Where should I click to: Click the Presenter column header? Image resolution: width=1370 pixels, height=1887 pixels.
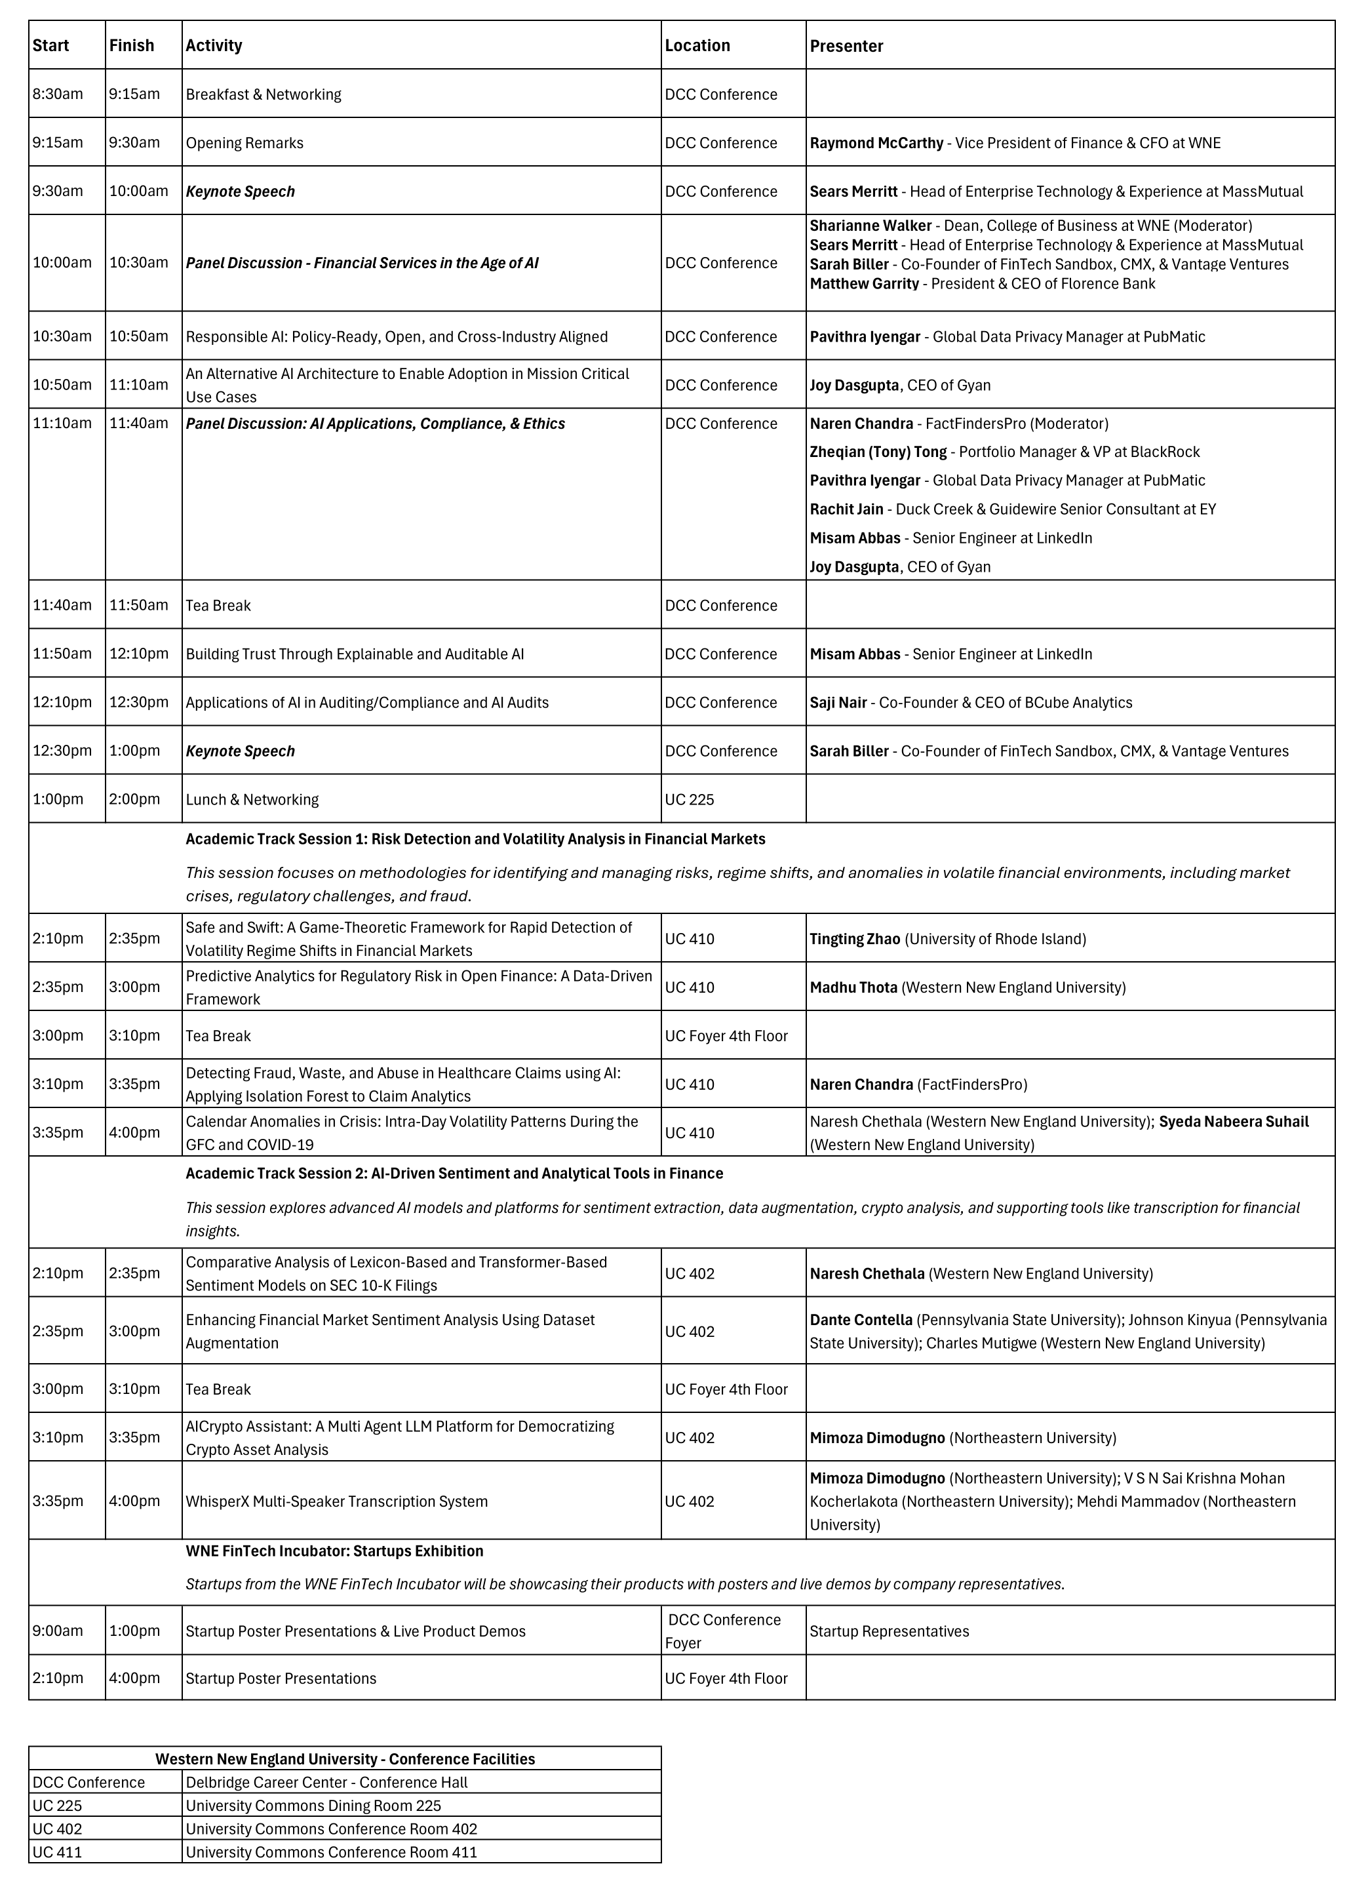(x=846, y=46)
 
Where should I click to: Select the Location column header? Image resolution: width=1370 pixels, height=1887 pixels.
(x=697, y=46)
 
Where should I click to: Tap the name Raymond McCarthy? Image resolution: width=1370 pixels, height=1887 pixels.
(x=876, y=143)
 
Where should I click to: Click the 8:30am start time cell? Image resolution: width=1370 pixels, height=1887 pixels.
(x=58, y=94)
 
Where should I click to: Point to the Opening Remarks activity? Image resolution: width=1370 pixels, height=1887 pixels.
(x=245, y=143)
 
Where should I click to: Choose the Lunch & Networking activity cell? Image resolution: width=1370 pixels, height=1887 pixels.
(x=252, y=799)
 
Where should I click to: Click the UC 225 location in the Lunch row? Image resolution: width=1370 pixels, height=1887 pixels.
(x=690, y=799)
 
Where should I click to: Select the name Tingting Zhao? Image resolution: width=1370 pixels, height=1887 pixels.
(x=854, y=940)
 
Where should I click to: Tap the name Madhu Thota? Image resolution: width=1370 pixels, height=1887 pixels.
(x=853, y=987)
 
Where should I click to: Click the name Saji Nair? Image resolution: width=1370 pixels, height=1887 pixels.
(x=838, y=703)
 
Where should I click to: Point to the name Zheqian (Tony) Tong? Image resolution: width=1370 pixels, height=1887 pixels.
(x=878, y=452)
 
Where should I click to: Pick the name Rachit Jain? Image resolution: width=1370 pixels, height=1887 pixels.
(x=846, y=510)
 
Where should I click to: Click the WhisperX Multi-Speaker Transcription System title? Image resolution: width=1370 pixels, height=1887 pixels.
(x=336, y=1501)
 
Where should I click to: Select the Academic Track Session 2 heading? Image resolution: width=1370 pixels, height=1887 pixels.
(x=454, y=1174)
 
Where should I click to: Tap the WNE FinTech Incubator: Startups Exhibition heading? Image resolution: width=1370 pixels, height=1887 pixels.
(x=334, y=1552)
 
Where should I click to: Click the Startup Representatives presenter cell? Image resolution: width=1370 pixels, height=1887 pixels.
(x=890, y=1631)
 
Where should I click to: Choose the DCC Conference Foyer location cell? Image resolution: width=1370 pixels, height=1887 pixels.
(x=724, y=1631)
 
